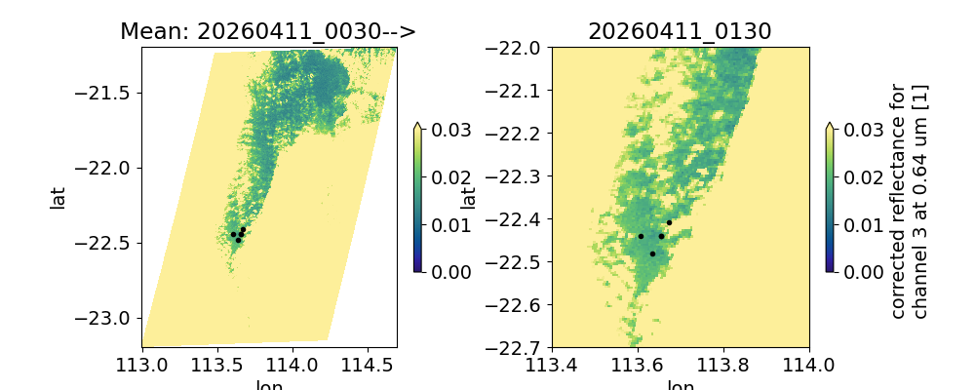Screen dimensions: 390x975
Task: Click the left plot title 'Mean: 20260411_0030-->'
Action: click(x=268, y=31)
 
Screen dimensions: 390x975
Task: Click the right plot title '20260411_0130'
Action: click(x=680, y=31)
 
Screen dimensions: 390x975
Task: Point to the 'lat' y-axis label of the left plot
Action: click(x=58, y=197)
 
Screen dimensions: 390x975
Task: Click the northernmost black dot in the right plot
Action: click(x=669, y=222)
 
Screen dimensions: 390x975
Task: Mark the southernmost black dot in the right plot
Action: click(x=652, y=253)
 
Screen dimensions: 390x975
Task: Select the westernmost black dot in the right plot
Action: click(x=641, y=236)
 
